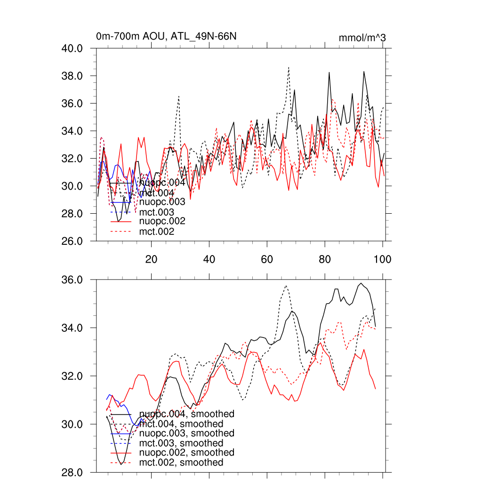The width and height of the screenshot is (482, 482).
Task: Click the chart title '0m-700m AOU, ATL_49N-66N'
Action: click(x=166, y=37)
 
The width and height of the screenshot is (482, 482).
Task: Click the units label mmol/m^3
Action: click(x=362, y=38)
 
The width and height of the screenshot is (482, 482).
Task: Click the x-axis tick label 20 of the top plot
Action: click(x=151, y=259)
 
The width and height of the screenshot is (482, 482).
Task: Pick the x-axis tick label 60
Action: click(x=267, y=259)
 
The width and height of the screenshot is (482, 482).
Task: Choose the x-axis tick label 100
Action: click(x=382, y=259)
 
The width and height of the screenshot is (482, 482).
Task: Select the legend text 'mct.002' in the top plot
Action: click(x=157, y=232)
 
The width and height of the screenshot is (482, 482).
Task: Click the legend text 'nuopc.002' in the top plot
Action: click(x=162, y=221)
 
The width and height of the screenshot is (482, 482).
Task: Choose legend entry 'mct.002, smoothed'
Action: click(x=181, y=463)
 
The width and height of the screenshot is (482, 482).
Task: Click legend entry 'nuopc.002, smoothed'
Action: click(x=187, y=452)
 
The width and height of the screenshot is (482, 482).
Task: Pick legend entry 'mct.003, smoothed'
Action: click(x=181, y=443)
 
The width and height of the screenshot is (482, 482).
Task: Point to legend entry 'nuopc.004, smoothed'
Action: click(x=187, y=414)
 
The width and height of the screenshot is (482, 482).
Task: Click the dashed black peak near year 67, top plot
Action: click(x=289, y=67)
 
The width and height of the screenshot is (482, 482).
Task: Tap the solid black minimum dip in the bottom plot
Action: click(x=121, y=464)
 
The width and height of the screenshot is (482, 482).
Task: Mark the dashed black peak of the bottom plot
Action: click(x=286, y=286)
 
